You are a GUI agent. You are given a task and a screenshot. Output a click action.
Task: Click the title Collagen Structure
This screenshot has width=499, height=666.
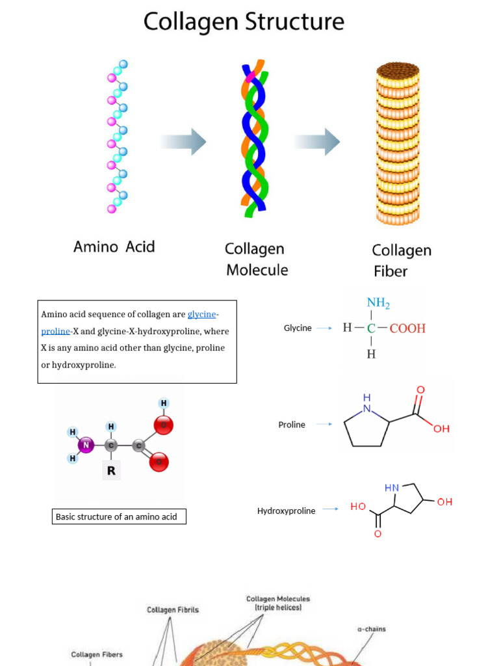244,21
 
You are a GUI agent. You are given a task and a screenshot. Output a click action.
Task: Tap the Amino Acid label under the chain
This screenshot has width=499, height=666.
114,246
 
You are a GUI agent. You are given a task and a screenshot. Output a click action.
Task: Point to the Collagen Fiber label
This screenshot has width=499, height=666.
401,260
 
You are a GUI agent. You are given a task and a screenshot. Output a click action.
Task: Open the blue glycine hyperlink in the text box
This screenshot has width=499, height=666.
201,314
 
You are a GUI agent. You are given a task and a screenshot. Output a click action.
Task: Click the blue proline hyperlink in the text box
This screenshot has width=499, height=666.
55,331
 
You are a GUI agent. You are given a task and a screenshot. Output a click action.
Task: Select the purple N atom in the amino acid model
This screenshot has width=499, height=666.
87,445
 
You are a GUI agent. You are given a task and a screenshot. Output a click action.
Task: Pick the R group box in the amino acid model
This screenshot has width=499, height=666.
111,470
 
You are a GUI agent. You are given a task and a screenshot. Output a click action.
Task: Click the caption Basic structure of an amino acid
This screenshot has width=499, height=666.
119,516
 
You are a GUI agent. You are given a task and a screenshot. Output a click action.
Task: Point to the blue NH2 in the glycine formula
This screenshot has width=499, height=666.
378,302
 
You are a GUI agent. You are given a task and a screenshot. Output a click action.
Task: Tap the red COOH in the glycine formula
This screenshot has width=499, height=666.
407,328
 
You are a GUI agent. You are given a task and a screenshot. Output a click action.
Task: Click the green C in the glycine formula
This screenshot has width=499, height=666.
371,328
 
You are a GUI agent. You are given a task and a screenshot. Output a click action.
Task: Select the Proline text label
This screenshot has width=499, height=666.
292,425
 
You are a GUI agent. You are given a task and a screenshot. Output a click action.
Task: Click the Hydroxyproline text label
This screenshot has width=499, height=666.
286,511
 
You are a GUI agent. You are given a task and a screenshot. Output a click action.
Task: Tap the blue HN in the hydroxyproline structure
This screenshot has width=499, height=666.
392,488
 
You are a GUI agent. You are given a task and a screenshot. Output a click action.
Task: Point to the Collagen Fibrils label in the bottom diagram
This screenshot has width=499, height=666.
172,610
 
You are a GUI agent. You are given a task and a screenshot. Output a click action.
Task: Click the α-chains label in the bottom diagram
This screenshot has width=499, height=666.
372,629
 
